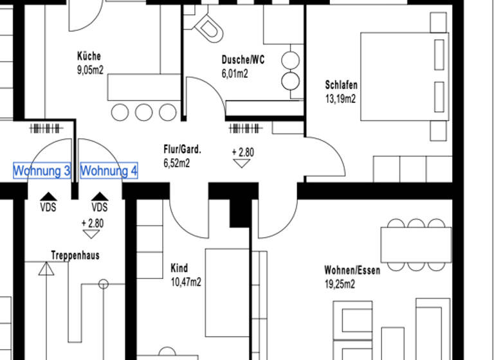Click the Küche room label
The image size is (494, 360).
[89, 57]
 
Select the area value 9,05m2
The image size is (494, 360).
[90, 70]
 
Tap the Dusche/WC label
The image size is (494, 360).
[242, 60]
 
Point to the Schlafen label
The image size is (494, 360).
[341, 85]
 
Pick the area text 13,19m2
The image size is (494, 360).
[341, 98]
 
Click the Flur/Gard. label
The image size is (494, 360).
[183, 150]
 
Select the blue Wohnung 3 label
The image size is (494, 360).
[42, 171]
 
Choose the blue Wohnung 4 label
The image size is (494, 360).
[109, 171]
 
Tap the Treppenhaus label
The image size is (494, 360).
[75, 255]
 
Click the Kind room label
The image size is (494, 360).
[179, 268]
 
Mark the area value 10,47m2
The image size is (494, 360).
[186, 282]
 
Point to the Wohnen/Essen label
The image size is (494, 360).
[352, 271]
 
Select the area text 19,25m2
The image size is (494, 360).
[340, 284]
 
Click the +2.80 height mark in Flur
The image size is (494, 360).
[242, 152]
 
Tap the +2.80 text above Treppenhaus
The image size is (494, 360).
[93, 224]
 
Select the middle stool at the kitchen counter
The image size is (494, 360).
[143, 113]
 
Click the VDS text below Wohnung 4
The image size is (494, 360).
[100, 207]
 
